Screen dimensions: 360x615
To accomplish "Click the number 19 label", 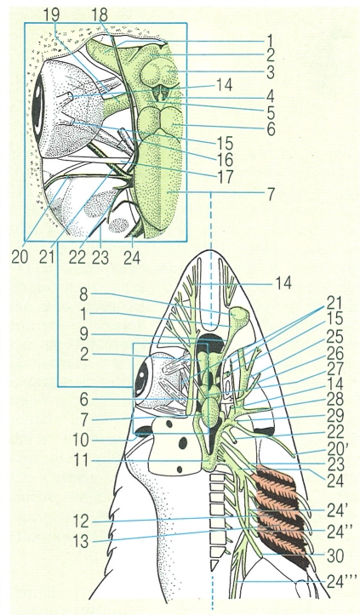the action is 50,14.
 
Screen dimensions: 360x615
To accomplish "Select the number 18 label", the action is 100,14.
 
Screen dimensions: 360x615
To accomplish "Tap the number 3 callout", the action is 270,73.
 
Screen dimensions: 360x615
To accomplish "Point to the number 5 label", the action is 270,113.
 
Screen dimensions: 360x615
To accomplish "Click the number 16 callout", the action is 225,160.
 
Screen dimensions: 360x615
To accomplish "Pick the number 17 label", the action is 225,176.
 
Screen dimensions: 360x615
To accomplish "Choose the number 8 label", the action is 83,294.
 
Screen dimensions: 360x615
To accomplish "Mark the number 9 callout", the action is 83,334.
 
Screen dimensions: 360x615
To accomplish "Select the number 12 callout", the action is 82,522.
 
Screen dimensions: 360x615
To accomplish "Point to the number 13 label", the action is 82,543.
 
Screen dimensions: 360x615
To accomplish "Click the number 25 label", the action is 334,337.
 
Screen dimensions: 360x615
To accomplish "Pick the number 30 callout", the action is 334,556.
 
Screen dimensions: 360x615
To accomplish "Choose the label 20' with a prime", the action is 336,447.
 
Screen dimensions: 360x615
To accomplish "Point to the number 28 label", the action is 334,399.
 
